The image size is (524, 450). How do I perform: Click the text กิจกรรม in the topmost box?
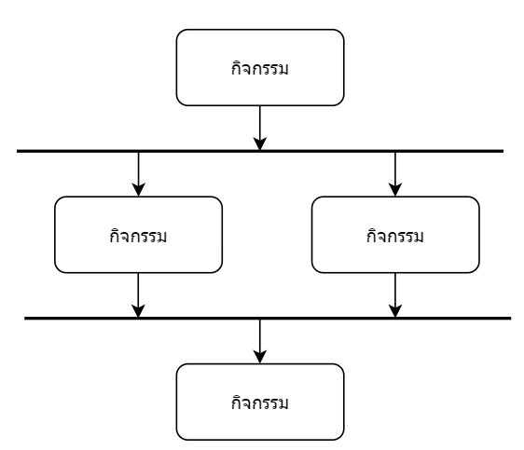point(259,68)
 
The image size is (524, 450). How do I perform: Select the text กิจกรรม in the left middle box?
point(138,236)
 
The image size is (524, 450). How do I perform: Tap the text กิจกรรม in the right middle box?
point(395,236)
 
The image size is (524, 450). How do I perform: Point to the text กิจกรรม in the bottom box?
point(259,402)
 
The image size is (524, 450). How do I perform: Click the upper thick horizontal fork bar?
point(260,151)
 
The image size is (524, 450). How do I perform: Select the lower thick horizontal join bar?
point(268,319)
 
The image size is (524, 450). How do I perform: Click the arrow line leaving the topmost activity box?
point(260,128)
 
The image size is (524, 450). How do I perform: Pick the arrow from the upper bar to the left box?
point(138,174)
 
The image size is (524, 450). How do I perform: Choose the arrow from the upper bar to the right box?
point(395,174)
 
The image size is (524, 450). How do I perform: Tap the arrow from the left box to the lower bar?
point(138,295)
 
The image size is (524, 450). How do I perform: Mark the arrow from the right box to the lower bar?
point(395,295)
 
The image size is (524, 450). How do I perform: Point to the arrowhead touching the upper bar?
point(260,143)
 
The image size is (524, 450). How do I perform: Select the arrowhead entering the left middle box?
point(138,190)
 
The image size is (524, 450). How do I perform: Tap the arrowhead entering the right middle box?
point(395,190)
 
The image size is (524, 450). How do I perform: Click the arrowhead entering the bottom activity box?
point(260,357)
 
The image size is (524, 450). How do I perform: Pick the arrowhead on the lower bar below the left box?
point(138,311)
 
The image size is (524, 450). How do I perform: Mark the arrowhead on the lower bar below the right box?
point(395,311)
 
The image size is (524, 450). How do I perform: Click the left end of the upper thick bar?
point(17,151)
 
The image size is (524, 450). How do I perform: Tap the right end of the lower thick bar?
point(511,319)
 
